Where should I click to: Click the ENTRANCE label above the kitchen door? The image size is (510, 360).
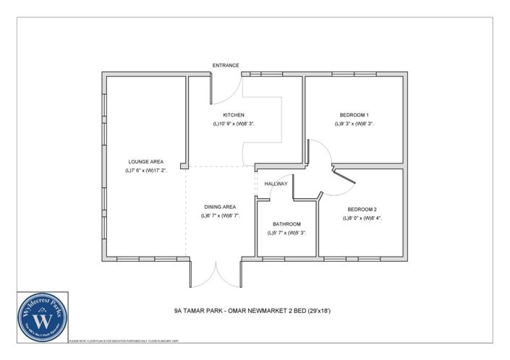[x=226, y=65]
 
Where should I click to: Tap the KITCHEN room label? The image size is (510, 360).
[x=233, y=115]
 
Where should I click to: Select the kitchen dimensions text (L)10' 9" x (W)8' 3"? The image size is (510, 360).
[x=233, y=124]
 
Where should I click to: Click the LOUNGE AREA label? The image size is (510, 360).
[x=145, y=162]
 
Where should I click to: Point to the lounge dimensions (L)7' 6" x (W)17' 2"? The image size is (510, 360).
[x=145, y=171]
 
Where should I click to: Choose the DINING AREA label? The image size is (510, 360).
[x=218, y=207]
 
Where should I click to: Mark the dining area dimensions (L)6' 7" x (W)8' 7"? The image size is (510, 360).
[x=218, y=215]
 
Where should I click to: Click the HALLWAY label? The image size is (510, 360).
[x=276, y=184]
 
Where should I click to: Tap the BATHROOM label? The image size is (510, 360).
[x=286, y=224]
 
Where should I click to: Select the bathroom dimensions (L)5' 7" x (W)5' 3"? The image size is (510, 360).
[x=286, y=233]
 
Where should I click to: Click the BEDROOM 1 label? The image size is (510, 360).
[x=354, y=115]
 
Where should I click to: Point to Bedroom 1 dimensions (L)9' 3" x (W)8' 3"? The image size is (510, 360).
[x=354, y=124]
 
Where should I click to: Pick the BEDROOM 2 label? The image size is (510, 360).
[x=360, y=209]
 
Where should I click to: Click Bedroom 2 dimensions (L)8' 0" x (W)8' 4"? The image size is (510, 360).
[x=360, y=218]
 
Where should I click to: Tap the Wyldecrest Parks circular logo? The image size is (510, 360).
[x=43, y=317]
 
